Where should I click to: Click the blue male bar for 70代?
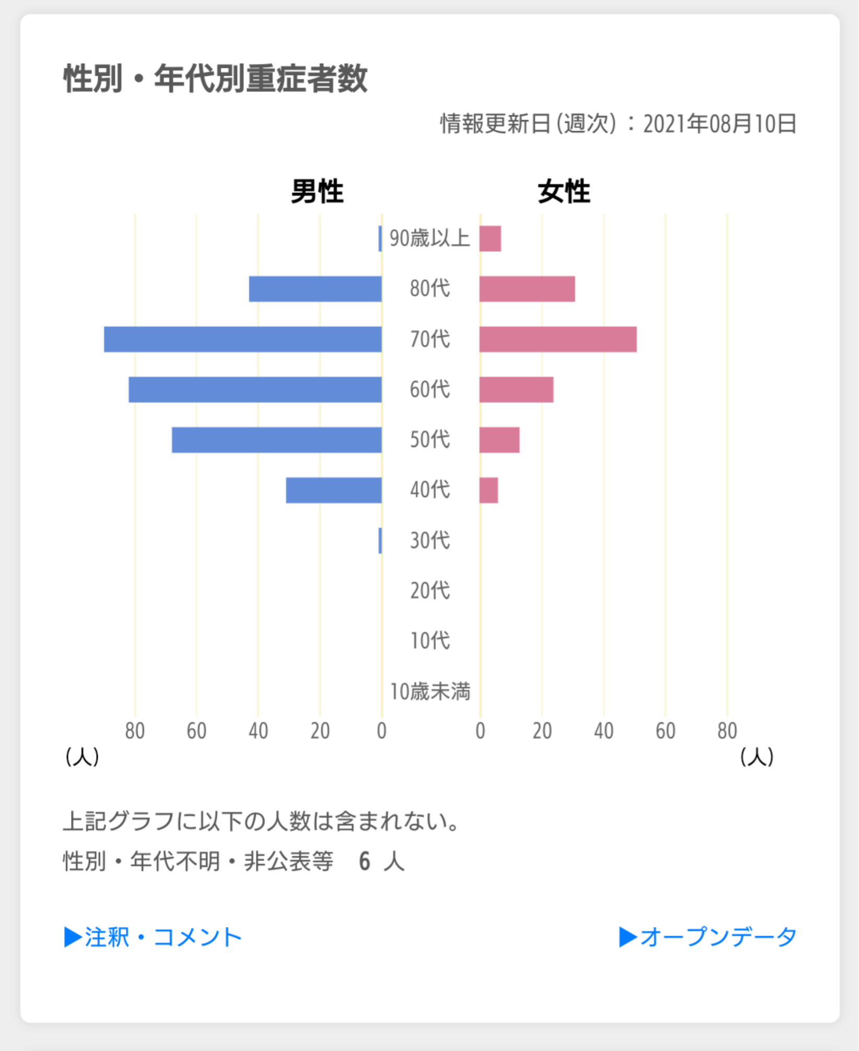[x=243, y=339]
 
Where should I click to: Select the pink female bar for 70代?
[x=558, y=339]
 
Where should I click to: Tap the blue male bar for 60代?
[x=255, y=389]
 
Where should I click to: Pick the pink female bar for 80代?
[x=527, y=289]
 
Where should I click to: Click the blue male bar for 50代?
[x=277, y=440]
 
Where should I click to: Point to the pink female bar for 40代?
[x=489, y=490]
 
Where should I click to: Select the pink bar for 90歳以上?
[x=490, y=239]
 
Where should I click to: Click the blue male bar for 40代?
[x=334, y=490]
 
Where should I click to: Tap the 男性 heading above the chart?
[x=317, y=191]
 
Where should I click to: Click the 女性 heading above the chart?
[x=564, y=191]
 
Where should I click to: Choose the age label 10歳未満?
[x=430, y=691]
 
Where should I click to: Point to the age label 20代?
[x=430, y=590]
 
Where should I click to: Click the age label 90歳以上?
[x=430, y=238]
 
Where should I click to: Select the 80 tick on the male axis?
[x=135, y=731]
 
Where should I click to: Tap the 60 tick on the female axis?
[x=665, y=731]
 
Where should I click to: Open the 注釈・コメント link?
[x=153, y=937]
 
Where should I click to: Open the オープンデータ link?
[x=707, y=937]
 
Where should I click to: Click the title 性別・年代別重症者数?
[x=215, y=79]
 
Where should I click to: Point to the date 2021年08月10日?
[x=719, y=124]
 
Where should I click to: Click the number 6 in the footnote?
[x=365, y=861]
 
